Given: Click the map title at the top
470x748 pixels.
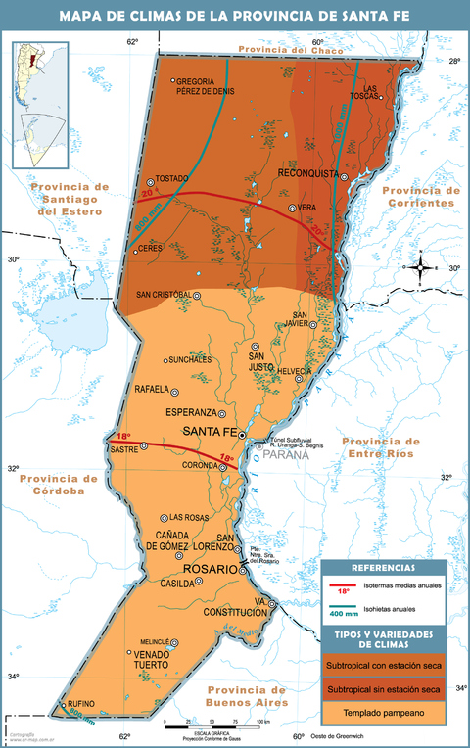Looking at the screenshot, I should click(235, 16).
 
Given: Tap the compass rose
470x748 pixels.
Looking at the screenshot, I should click(420, 266).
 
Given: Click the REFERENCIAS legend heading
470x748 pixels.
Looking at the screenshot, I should click(383, 568).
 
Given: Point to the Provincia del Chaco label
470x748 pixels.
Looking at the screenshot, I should click(286, 49).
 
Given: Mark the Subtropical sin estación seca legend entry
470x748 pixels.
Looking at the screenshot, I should click(383, 689).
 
